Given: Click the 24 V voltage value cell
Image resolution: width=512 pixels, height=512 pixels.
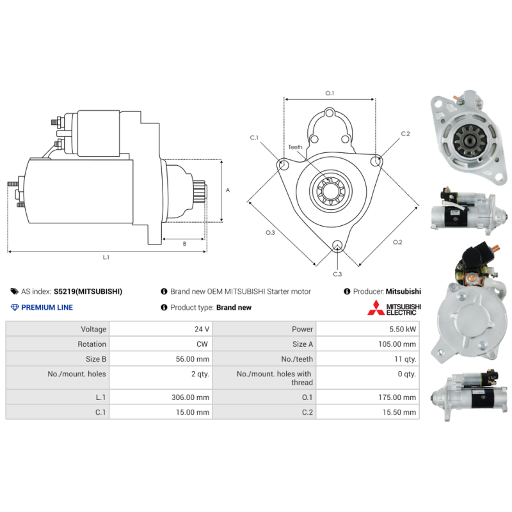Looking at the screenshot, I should click(x=202, y=329).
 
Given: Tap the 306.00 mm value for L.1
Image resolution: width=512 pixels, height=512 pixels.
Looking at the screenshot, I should click(x=194, y=397).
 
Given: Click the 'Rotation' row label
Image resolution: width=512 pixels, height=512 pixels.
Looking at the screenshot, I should click(x=92, y=344).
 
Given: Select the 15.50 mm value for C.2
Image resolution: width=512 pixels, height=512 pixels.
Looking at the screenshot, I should click(x=401, y=413).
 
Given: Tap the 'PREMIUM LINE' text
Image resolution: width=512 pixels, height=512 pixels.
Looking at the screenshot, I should click(x=47, y=307).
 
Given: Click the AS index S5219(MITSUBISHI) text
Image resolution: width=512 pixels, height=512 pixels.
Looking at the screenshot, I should click(x=88, y=291).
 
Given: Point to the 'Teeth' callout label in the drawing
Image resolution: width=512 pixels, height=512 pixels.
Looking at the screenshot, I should click(x=295, y=147).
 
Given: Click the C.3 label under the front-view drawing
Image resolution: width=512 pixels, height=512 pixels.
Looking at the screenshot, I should click(x=337, y=274).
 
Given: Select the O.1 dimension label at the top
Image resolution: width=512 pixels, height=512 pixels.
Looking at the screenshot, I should click(x=330, y=93).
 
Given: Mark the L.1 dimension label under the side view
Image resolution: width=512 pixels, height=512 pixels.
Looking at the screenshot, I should click(x=106, y=257).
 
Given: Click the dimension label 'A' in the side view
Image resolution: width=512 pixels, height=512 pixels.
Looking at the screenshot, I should click(x=228, y=190).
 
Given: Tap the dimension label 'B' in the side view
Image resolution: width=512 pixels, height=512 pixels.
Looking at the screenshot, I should click(x=184, y=243).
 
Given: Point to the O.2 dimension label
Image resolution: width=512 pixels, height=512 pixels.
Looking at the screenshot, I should click(x=397, y=242).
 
